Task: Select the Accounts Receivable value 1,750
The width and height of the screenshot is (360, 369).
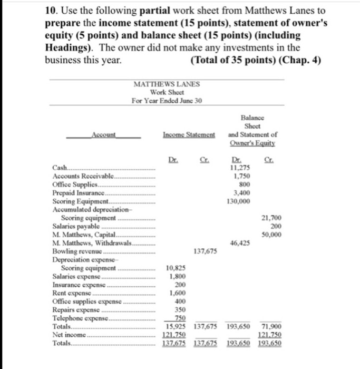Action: [241, 176]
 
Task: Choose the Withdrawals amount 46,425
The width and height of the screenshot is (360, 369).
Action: [240, 243]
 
